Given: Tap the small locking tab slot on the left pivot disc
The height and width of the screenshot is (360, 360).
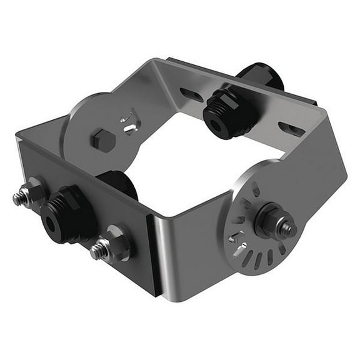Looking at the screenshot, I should click(x=128, y=122).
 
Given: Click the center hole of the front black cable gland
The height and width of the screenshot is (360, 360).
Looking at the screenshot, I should click(x=49, y=219).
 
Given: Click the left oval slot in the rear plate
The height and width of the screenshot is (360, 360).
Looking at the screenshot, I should click(x=188, y=94).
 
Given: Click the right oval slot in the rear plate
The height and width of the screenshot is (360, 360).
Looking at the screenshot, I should click(x=291, y=129).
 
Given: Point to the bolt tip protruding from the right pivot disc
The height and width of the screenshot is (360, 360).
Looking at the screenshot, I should click(x=289, y=229).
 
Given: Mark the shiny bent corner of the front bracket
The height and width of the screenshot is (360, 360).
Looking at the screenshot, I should click(x=161, y=250).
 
